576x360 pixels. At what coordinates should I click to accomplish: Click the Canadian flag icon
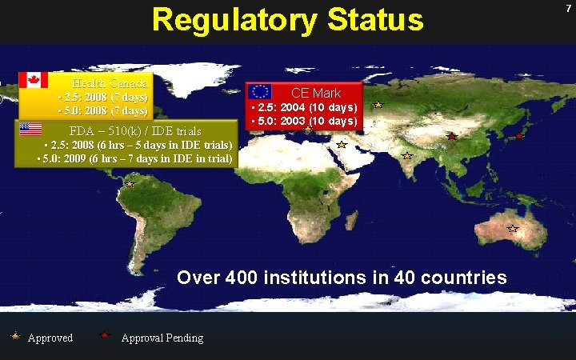coord(33,80)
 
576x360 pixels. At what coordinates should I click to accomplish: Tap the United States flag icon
coord(30,128)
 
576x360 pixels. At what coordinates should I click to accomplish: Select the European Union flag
coord(259,91)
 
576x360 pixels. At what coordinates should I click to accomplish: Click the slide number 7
coord(566,6)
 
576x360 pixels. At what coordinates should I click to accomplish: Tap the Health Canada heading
coord(110,83)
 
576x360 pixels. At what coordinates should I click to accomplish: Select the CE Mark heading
coord(316,94)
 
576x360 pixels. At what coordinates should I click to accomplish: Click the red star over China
coord(451,136)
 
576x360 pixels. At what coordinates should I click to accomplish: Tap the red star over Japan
coord(519,135)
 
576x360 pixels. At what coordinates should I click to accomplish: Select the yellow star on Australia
coord(513,229)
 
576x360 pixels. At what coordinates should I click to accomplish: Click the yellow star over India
coord(406,155)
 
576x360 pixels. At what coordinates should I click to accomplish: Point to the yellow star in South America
coord(129,184)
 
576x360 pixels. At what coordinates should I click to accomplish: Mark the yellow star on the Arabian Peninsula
coord(341,145)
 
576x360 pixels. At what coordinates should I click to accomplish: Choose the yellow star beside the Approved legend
coord(15,336)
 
